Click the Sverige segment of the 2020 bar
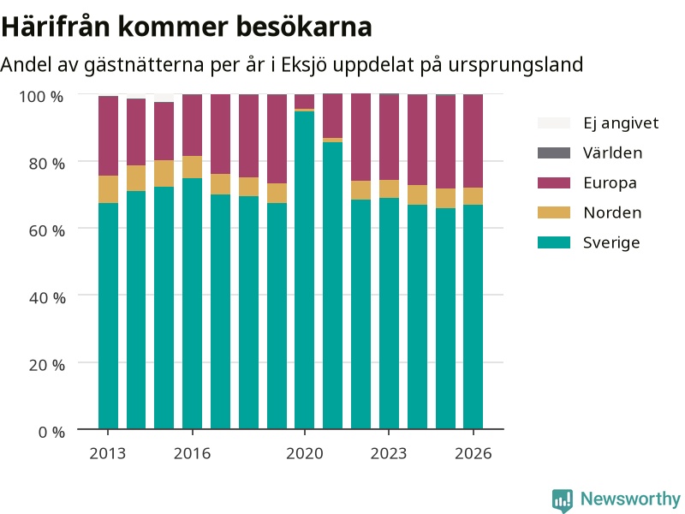pyautogui.click(x=305, y=270)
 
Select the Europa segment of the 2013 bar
pyautogui.click(x=109, y=136)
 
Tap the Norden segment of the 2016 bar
pyautogui.click(x=192, y=167)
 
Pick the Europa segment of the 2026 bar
pyautogui.click(x=474, y=141)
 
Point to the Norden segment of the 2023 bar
pyautogui.click(x=389, y=188)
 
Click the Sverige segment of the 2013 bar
pyautogui.click(x=109, y=316)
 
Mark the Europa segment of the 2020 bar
pyautogui.click(x=305, y=101)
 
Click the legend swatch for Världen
pyautogui.click(x=554, y=153)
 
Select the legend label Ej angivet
pyautogui.click(x=621, y=123)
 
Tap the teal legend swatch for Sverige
pyautogui.click(x=554, y=242)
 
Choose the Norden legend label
pyautogui.click(x=612, y=212)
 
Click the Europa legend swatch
pyautogui.click(x=554, y=182)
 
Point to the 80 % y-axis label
pyautogui.click(x=47, y=164)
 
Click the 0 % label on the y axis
pyautogui.click(x=51, y=433)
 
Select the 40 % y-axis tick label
pyautogui.click(x=47, y=298)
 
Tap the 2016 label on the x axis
pyautogui.click(x=192, y=454)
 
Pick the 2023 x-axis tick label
pyautogui.click(x=389, y=454)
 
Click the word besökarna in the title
pyautogui.click(x=304, y=27)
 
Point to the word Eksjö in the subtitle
pyautogui.click(x=304, y=65)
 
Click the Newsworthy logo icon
pyautogui.click(x=563, y=500)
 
